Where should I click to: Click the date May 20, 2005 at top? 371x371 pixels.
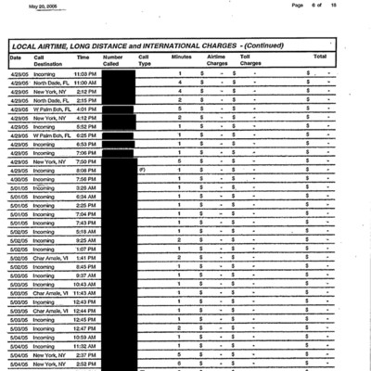pos(46,5)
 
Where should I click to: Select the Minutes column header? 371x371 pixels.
pos(182,57)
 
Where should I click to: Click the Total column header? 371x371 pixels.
pos(319,57)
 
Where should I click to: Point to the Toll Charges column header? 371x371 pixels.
pos(250,59)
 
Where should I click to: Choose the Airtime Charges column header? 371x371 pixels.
pos(216,59)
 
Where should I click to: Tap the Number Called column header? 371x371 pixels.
pos(112,59)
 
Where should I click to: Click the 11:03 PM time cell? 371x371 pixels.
pos(85,73)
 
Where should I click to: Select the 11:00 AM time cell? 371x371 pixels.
pos(85,83)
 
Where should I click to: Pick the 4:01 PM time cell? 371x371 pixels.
pos(87,109)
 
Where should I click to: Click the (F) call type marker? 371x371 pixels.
pos(142,171)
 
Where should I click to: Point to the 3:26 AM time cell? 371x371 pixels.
pos(86,188)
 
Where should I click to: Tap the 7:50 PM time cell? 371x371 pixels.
pos(87,161)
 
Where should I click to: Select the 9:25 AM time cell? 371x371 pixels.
pos(86,240)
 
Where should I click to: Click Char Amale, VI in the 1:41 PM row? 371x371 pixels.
pos(51,258)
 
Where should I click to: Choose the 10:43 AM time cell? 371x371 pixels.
pos(85,284)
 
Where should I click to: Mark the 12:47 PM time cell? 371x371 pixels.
pos(85,328)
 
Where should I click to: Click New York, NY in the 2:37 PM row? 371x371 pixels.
pos(51,354)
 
